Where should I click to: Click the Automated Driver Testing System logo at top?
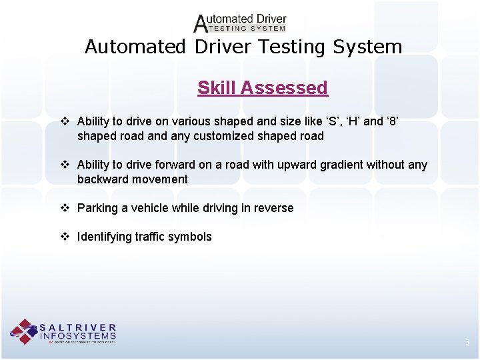[239, 23]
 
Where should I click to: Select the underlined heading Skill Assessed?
[263, 87]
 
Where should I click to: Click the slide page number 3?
[467, 343]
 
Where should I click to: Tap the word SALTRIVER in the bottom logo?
[79, 328]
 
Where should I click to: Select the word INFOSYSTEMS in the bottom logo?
[79, 336]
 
